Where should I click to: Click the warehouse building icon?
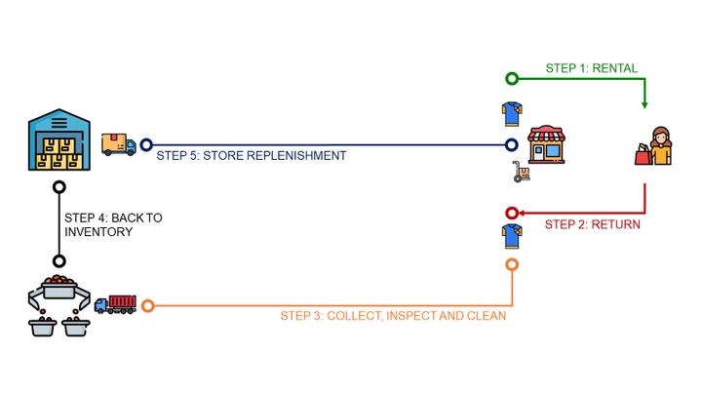coord(59,141)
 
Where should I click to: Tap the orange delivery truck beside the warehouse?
coord(118,144)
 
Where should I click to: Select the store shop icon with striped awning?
coord(546,144)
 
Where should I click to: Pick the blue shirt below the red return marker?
coord(511,236)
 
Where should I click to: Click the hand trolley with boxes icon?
coord(521,173)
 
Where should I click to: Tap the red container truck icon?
coord(115,304)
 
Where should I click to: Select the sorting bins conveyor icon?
coord(58,305)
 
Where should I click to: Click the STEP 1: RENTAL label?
coord(591,68)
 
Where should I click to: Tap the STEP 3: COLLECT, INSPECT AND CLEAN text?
coord(393,316)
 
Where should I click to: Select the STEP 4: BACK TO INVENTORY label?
coord(112,224)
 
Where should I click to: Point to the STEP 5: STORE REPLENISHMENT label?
coord(252,155)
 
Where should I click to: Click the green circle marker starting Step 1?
coord(512,79)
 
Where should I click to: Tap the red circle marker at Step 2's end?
coord(512,213)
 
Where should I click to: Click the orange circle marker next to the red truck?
coord(148,306)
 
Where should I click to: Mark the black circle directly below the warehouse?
coord(59,186)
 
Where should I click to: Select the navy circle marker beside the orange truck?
coord(146,145)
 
